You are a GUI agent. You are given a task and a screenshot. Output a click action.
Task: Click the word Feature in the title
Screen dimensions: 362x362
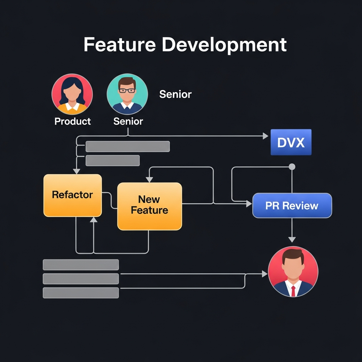point(119,45)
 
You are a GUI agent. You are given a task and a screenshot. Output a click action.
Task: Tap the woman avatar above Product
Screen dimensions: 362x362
point(72,94)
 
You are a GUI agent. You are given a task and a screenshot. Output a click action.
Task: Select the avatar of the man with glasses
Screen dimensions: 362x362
point(127,94)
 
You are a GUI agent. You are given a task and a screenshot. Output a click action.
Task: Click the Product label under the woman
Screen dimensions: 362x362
point(72,121)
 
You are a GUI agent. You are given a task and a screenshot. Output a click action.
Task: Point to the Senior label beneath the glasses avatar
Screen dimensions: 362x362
point(128,121)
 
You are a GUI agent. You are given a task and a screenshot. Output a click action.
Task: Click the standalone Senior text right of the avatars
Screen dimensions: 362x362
point(175,94)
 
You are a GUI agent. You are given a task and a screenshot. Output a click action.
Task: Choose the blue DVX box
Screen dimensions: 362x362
point(291,142)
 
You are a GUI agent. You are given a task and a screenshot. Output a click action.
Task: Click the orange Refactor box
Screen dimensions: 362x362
point(72,195)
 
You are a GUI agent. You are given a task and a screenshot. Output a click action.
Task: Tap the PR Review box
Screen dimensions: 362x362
point(292,205)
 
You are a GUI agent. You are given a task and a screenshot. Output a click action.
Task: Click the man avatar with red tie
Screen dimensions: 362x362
point(293,271)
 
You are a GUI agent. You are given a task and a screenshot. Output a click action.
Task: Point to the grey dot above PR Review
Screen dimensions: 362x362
point(292,167)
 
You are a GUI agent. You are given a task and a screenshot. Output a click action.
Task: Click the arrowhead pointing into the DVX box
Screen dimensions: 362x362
point(265,136)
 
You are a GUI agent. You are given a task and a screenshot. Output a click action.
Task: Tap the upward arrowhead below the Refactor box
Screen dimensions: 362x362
point(93,220)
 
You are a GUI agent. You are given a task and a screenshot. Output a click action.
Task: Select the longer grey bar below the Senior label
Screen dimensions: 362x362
point(128,146)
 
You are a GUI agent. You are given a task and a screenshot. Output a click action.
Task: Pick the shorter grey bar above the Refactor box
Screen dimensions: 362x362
point(112,160)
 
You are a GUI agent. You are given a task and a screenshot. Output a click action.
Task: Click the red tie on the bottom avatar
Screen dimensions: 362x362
point(293,291)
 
